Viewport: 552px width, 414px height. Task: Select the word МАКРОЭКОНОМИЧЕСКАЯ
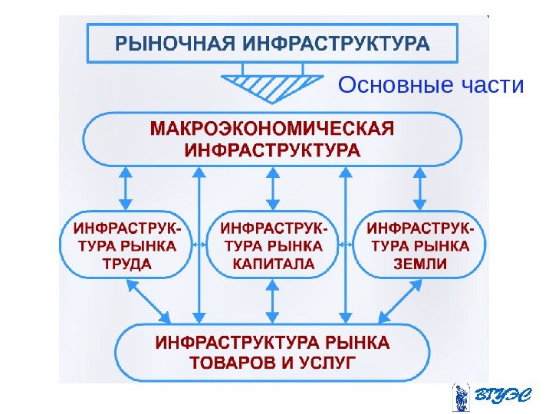pos(272,127)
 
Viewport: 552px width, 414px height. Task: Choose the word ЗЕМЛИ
pos(420,264)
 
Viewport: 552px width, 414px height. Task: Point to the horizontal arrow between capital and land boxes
pos(347,246)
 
